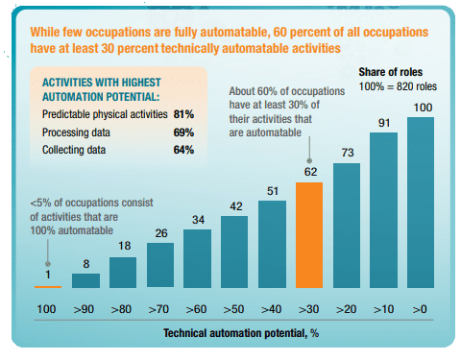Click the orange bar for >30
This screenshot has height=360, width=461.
(x=309, y=235)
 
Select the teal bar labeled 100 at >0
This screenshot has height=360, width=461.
(x=421, y=203)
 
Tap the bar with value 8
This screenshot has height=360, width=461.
(x=85, y=280)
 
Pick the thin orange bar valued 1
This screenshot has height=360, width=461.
(x=48, y=287)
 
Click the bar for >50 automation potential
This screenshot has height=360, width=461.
(x=234, y=252)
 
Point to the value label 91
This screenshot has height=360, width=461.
(x=384, y=123)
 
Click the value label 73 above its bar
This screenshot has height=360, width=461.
(x=348, y=153)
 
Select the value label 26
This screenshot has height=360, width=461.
(x=161, y=233)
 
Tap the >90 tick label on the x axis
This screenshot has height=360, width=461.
(x=84, y=309)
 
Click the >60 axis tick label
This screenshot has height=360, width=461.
(x=196, y=309)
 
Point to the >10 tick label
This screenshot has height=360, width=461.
(x=383, y=309)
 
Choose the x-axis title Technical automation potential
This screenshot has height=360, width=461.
(x=236, y=333)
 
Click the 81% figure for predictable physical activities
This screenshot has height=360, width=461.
(x=183, y=114)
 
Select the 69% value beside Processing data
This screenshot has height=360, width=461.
(x=183, y=132)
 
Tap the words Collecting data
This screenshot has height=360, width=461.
(x=74, y=150)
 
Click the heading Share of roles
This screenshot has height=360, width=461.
(x=391, y=72)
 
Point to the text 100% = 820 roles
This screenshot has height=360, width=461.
(x=398, y=86)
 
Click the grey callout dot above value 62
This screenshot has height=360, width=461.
(x=309, y=160)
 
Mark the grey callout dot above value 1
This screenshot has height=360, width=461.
(x=48, y=264)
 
